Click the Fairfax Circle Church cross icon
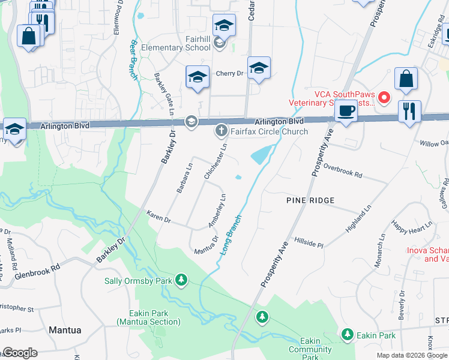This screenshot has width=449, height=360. (x=221, y=130)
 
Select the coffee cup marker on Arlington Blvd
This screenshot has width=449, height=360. (x=346, y=111)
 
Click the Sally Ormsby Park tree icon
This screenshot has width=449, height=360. (x=181, y=280)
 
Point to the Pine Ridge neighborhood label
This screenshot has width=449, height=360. (x=310, y=199)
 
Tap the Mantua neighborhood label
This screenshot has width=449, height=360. (x=65, y=329)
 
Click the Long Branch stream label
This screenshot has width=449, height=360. (x=231, y=235)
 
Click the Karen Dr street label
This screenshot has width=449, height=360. (x=159, y=217)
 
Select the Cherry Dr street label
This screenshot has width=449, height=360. (x=229, y=73)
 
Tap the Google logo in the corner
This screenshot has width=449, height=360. (x=19, y=353)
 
